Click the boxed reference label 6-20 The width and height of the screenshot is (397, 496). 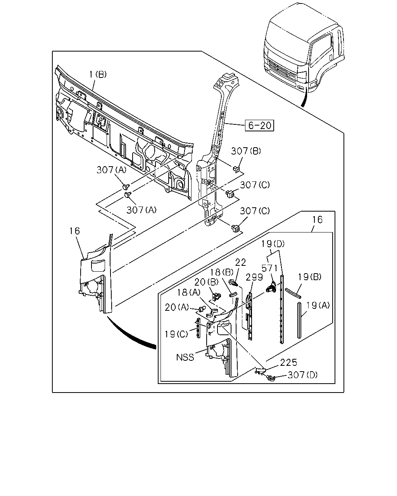point(259,126)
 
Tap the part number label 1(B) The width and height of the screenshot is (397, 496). point(98,74)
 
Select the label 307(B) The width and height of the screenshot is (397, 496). point(246,151)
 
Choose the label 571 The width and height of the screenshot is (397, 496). point(270,268)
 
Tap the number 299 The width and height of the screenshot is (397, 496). point(254,277)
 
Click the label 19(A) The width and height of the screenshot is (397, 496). point(318,305)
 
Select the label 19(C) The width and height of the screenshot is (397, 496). point(176,334)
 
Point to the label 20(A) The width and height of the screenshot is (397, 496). point(177,307)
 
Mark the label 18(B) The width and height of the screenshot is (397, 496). point(222,272)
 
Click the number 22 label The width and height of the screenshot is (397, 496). point(241,262)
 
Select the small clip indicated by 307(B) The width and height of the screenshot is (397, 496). point(236,169)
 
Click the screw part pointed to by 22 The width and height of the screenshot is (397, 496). point(233,282)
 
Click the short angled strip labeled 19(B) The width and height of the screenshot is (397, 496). point(293,293)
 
